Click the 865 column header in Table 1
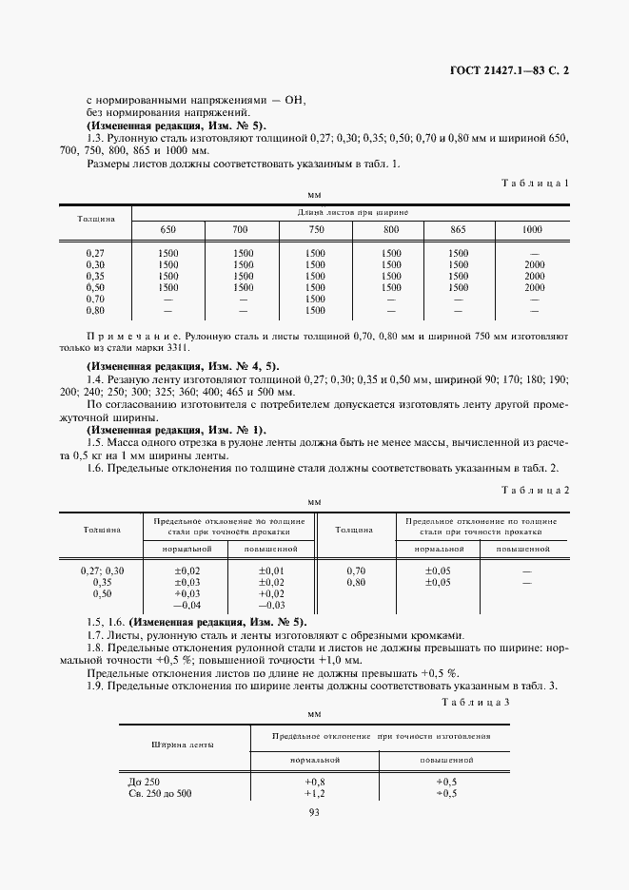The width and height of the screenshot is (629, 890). (x=459, y=230)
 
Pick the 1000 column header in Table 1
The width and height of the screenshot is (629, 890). (x=533, y=230)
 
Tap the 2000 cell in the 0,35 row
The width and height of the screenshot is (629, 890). (x=534, y=276)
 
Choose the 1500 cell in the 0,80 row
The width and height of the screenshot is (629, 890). (x=315, y=310)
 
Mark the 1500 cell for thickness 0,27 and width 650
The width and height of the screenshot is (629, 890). (x=168, y=253)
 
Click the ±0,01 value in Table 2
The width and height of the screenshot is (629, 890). (x=272, y=570)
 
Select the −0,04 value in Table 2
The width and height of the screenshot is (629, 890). (x=186, y=605)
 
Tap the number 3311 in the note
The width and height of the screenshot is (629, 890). (x=192, y=348)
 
